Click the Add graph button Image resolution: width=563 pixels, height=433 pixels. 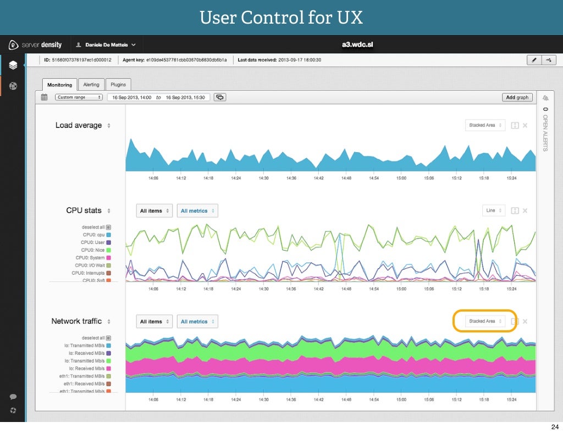(517, 97)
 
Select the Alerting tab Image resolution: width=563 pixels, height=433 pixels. (91, 85)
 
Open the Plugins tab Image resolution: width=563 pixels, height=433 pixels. (118, 85)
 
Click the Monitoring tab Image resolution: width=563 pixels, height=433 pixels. (59, 85)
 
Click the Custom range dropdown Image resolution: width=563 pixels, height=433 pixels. (79, 97)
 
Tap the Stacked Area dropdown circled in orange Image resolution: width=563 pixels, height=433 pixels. (485, 321)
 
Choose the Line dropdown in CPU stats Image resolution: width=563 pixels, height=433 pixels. (493, 210)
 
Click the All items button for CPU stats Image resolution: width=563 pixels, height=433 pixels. (154, 211)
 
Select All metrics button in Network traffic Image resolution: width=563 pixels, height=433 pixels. (197, 321)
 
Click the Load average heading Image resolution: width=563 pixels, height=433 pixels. (79, 125)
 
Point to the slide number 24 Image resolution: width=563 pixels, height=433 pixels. (554, 426)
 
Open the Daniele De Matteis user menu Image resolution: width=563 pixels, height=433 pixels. (106, 45)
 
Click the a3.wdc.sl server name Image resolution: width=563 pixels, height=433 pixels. (358, 45)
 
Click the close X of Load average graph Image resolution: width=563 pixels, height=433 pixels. (525, 125)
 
